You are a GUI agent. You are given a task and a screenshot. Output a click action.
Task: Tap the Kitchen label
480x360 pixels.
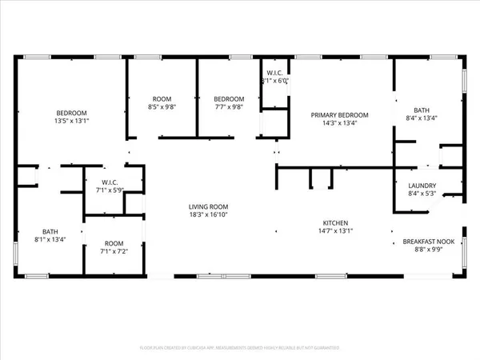point(335,223)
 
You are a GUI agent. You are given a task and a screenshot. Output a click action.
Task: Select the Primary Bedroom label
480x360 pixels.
point(334,115)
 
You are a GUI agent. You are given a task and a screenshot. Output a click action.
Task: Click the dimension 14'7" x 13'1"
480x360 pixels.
point(335,232)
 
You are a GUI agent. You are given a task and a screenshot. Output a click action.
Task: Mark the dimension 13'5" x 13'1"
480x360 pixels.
point(71,122)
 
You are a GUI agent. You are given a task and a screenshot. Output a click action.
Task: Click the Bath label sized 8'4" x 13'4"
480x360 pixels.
point(423,110)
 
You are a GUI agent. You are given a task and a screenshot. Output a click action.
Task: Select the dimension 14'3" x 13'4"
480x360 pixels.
point(334,124)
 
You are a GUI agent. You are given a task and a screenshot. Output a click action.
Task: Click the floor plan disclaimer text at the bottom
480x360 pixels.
point(240,349)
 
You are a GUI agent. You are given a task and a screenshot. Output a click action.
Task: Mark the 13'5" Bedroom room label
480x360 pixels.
point(71,113)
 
